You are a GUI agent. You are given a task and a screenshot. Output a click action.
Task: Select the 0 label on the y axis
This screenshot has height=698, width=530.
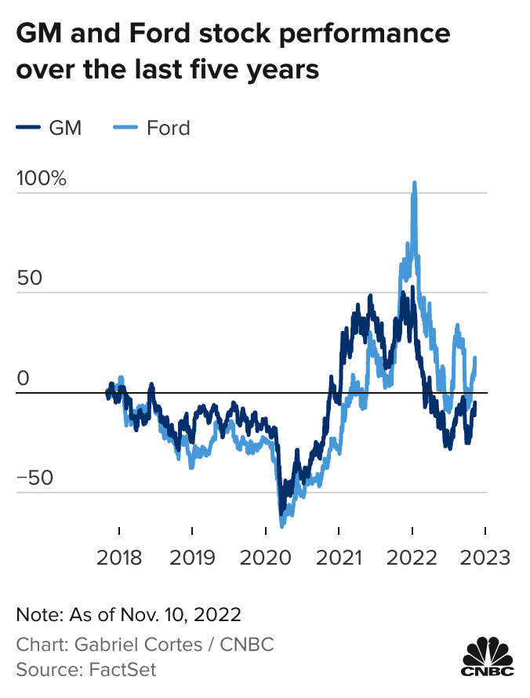tap(23, 378)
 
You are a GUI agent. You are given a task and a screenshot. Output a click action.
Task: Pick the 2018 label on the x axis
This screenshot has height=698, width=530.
tap(119, 558)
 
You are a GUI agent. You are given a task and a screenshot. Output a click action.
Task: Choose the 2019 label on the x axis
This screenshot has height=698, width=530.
tap(193, 558)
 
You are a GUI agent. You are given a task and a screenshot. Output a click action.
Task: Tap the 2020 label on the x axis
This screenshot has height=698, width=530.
tap(266, 558)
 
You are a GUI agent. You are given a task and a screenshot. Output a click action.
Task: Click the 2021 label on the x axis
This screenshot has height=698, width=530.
tap(339, 558)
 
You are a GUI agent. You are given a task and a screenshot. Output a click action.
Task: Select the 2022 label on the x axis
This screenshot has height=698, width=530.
tap(412, 558)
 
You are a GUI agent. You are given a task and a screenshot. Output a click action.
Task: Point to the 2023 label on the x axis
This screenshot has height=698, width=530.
tap(485, 558)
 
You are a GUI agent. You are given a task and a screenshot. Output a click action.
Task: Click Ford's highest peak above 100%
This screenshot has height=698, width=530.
tap(414, 184)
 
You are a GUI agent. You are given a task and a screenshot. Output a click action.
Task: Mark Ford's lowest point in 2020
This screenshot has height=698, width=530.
tap(281, 525)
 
